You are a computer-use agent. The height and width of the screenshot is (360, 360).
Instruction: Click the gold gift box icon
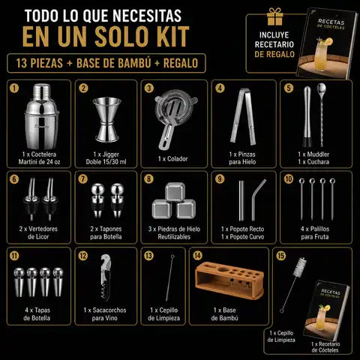point(274,16)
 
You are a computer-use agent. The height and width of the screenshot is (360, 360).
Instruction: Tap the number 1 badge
point(14,88)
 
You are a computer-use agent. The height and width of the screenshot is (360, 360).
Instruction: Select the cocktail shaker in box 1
point(41,116)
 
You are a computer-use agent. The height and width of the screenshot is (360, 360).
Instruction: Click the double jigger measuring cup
point(106,119)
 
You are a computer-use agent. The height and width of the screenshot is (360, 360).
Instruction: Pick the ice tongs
point(243,116)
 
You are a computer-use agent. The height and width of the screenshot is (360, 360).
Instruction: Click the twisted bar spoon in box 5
point(321,115)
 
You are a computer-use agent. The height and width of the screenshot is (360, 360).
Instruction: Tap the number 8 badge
point(149,179)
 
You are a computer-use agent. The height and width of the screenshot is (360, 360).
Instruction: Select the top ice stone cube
point(175,192)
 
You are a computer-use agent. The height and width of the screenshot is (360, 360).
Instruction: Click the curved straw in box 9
point(257,200)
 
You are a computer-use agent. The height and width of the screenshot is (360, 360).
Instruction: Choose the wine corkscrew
point(106,277)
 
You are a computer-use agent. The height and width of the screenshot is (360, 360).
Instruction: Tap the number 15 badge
point(281,256)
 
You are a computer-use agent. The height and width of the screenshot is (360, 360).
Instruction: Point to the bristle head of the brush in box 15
point(300,267)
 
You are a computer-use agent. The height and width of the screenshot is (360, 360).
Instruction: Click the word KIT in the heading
point(172,37)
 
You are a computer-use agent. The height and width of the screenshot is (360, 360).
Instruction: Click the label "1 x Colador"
point(172,159)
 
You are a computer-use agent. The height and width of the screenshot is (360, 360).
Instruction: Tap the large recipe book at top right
point(326,43)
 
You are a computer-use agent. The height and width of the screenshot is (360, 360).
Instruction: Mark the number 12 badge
point(83,256)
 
